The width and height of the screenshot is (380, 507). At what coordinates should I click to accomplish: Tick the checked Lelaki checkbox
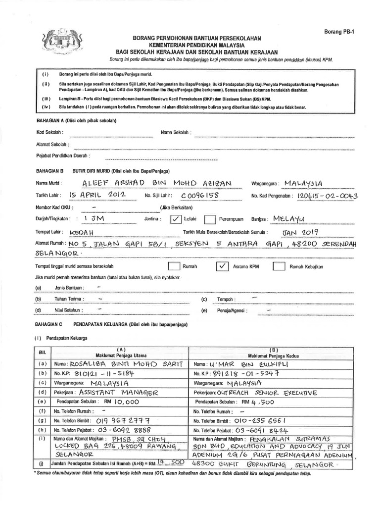(176, 219)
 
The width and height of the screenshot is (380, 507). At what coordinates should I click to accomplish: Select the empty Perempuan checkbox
(210, 219)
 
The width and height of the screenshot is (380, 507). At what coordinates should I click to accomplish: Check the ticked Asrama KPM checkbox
(223, 266)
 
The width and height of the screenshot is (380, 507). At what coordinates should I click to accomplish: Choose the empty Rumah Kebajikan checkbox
(279, 266)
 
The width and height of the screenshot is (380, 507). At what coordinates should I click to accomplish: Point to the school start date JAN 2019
(301, 231)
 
